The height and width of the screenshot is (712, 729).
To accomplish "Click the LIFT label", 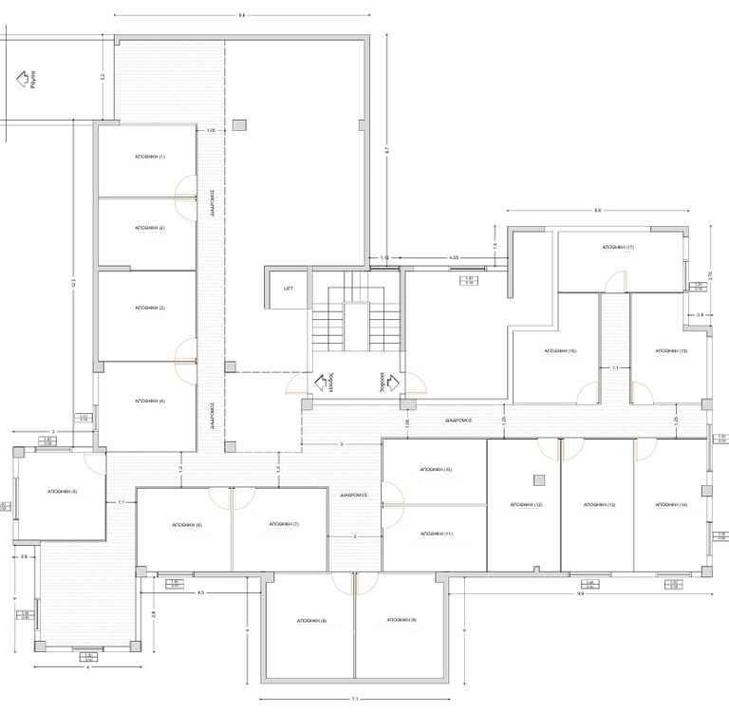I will click(289, 289).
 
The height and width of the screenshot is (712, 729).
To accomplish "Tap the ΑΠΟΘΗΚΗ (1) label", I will click(150, 157).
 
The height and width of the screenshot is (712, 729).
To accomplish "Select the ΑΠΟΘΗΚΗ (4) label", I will click(150, 402).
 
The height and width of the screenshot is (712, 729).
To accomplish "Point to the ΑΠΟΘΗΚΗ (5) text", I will click(61, 492).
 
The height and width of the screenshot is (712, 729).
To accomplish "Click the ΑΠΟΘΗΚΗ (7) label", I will click(284, 524).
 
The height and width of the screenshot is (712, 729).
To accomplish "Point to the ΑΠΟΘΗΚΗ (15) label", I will click(670, 351).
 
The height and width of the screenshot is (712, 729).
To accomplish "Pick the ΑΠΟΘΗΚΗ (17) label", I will click(617, 247).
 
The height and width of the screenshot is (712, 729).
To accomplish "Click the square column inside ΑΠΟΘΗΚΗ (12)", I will click(539, 478).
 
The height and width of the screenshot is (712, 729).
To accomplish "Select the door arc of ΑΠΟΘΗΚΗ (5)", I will click(95, 461).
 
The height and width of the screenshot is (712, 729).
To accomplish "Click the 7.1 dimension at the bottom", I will click(354, 700).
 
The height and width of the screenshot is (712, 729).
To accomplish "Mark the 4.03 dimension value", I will click(454, 257).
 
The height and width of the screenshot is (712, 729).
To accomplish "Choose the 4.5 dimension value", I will click(201, 592).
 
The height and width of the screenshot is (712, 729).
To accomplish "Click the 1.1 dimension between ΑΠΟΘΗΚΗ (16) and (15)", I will click(615, 367).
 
